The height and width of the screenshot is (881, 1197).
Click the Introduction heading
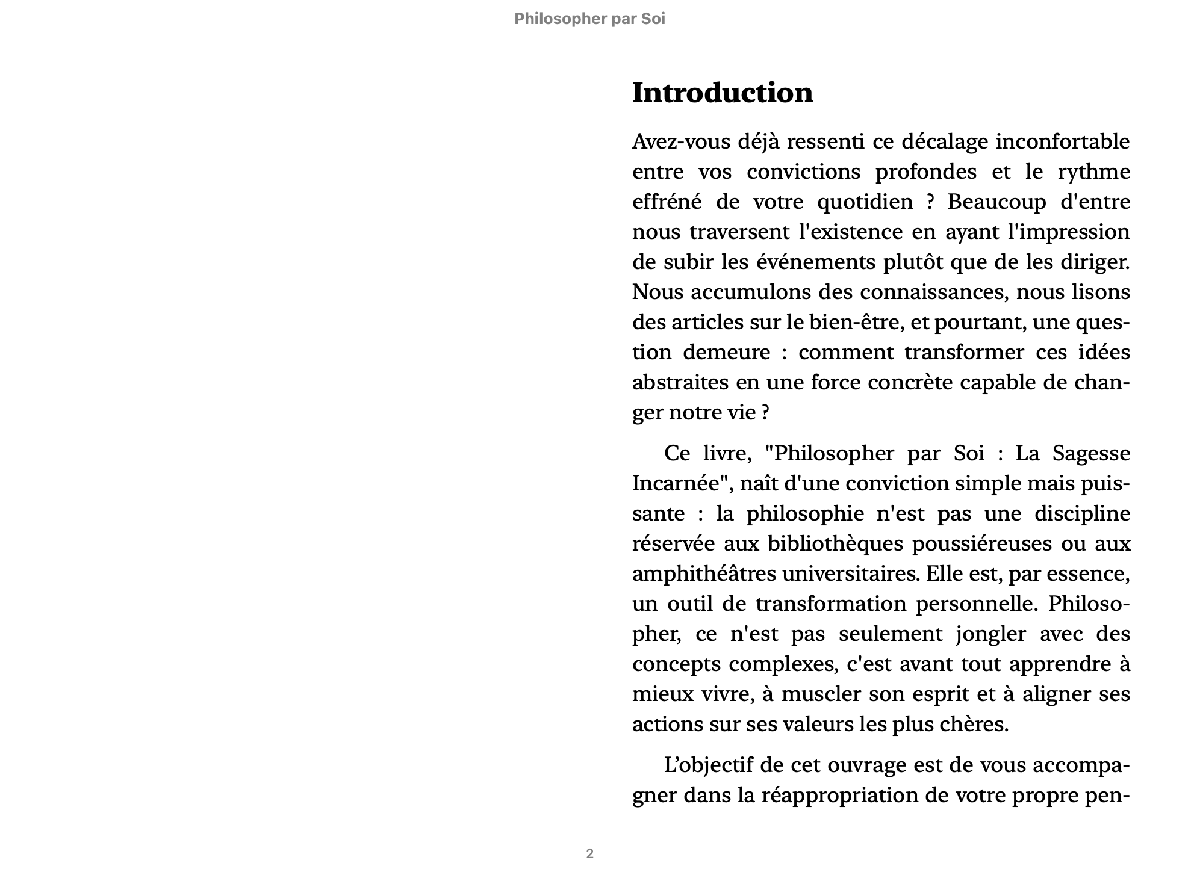click(722, 93)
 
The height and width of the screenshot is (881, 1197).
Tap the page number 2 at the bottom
click(589, 853)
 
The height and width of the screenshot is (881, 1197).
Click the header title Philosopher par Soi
click(589, 19)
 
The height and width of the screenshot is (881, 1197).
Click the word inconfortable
click(1062, 142)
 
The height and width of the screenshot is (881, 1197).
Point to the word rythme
click(1093, 172)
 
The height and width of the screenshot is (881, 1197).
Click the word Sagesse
click(1090, 453)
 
